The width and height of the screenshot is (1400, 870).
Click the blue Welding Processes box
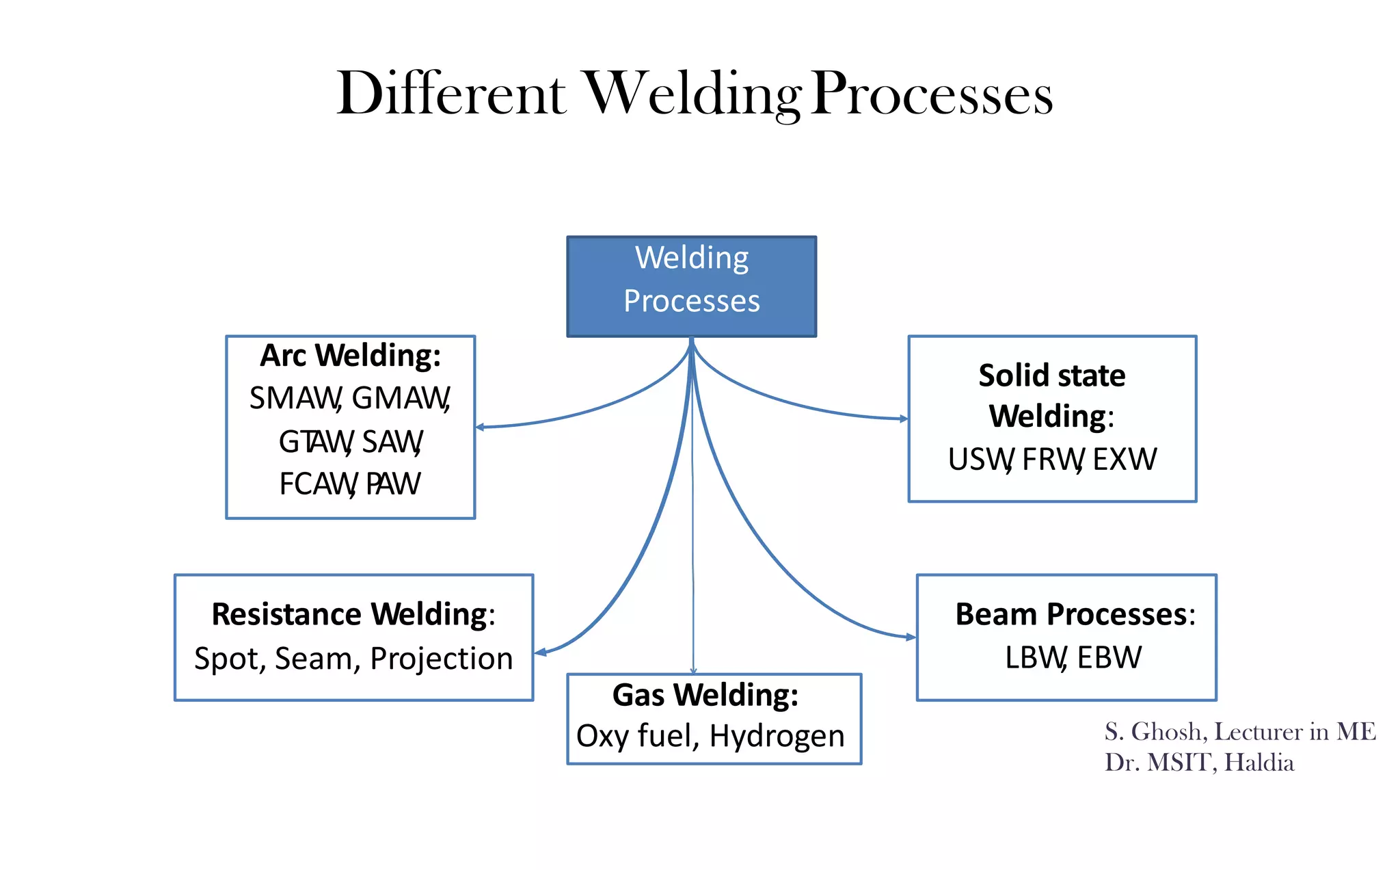691,286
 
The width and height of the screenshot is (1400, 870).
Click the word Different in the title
451,94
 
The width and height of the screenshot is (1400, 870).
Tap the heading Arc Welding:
350,356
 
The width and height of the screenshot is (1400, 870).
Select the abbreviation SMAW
295,398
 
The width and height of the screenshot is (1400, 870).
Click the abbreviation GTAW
315,442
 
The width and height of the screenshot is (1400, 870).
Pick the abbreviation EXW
1125,459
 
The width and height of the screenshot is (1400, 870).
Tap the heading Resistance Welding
350,614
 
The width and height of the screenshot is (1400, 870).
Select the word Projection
441,658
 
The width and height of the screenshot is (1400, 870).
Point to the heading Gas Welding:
705,695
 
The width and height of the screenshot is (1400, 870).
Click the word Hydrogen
777,737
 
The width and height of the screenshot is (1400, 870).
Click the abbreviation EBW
1109,657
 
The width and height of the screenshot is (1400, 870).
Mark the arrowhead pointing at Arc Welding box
480,427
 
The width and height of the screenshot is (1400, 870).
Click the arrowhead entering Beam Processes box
911,637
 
